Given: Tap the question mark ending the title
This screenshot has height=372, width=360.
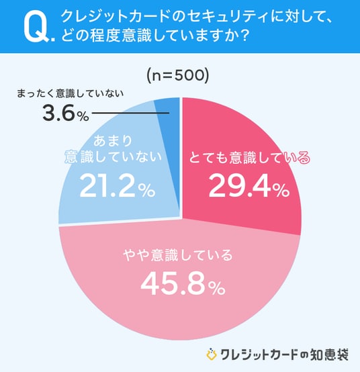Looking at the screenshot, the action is [244, 36].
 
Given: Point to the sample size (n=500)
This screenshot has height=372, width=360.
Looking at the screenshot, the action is [178, 76].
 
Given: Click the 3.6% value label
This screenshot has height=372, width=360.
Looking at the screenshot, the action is [66, 113].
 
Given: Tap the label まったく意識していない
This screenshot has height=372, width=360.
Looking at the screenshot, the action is [71, 93].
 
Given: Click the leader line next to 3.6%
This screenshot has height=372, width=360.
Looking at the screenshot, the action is [130, 113].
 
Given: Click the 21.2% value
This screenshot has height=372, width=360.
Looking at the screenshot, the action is [118, 185].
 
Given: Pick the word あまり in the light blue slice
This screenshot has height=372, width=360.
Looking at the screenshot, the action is [113, 141].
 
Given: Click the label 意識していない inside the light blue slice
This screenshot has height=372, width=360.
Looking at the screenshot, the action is [114, 156].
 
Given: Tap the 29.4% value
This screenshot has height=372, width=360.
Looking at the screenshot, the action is [249, 185].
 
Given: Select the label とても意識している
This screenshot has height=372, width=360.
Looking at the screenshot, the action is [249, 158].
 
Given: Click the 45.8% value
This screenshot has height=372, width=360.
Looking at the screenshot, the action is [183, 284].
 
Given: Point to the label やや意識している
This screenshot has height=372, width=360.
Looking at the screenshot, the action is [178, 255].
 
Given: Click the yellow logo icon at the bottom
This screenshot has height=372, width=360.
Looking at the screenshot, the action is [211, 355].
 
